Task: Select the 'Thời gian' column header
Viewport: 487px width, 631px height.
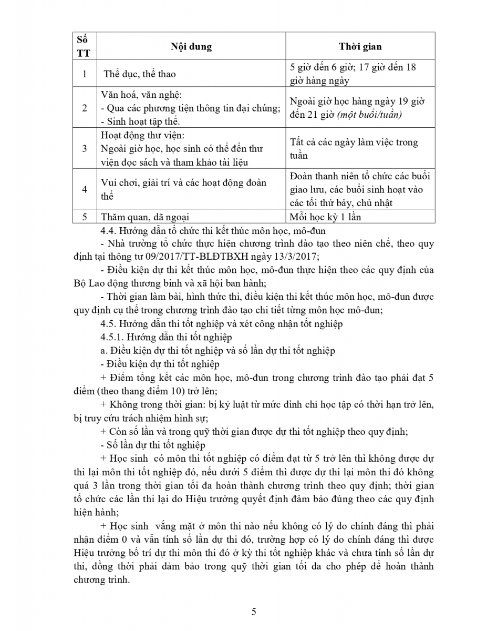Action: [x=360, y=46]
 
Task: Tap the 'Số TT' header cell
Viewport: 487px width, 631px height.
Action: [x=83, y=46]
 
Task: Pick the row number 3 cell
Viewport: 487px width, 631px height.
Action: [x=85, y=149]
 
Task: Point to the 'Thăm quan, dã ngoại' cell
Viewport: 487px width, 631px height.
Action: [x=145, y=217]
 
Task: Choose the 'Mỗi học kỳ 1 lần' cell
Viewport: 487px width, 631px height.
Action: [x=325, y=217]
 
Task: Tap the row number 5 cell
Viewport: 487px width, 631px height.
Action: [x=85, y=217]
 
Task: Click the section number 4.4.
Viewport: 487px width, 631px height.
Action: [x=107, y=230]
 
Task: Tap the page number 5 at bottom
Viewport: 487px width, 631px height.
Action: [x=254, y=612]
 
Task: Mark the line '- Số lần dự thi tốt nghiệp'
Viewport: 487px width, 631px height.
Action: [x=152, y=445]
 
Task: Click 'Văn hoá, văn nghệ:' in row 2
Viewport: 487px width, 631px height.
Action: [x=141, y=95]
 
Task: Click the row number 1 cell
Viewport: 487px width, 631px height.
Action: [x=85, y=74]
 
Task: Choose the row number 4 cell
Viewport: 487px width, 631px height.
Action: [x=85, y=189]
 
